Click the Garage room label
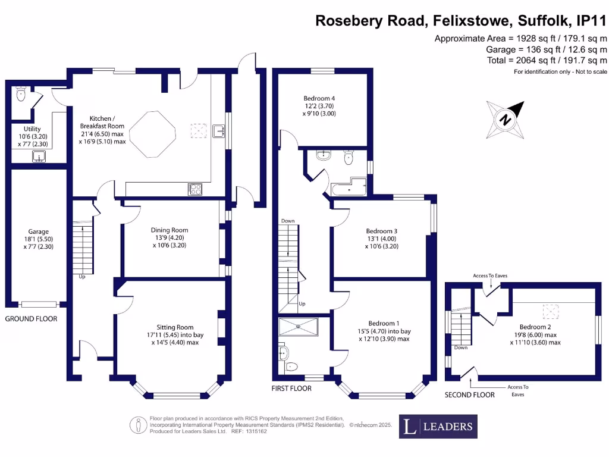(38, 231)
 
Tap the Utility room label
(32, 129)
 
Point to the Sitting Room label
(175, 327)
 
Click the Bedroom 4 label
(319, 98)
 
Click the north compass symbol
(506, 119)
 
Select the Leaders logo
(438, 426)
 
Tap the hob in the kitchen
(195, 189)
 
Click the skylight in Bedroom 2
(551, 310)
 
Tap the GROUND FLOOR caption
(31, 319)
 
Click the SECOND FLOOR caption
(470, 395)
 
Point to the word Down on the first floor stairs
(288, 221)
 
